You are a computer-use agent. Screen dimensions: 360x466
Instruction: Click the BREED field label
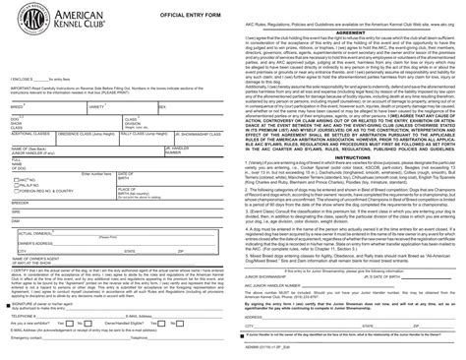(16, 105)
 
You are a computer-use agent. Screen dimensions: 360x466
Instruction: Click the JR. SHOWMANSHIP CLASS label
(197, 136)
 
